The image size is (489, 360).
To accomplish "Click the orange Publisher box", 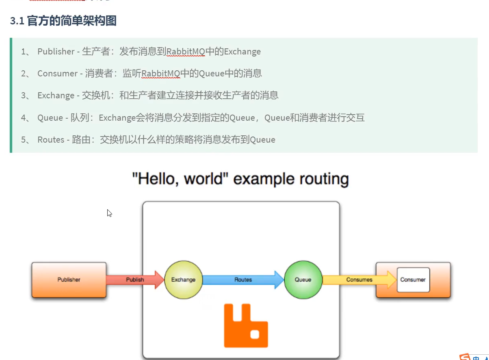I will click(x=69, y=280).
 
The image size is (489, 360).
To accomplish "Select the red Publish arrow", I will click(x=134, y=280).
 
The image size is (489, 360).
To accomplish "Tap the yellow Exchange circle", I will click(x=183, y=280).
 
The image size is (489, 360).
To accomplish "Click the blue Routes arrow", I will click(x=243, y=280).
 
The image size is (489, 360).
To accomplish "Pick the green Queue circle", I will click(x=303, y=280).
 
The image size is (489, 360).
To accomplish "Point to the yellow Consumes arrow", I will click(x=359, y=280).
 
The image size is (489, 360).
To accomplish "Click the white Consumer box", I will click(x=413, y=280).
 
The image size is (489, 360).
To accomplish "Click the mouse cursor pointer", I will click(x=109, y=213).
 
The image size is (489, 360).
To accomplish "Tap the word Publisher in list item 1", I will click(x=56, y=52).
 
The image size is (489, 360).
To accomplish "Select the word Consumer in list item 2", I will click(x=57, y=74).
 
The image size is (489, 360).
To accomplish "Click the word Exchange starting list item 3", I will click(x=56, y=95).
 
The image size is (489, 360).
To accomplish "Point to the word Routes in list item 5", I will click(x=51, y=140).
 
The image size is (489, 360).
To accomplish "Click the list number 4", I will click(x=24, y=118).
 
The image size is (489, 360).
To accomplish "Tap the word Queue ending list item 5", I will click(x=262, y=140).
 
